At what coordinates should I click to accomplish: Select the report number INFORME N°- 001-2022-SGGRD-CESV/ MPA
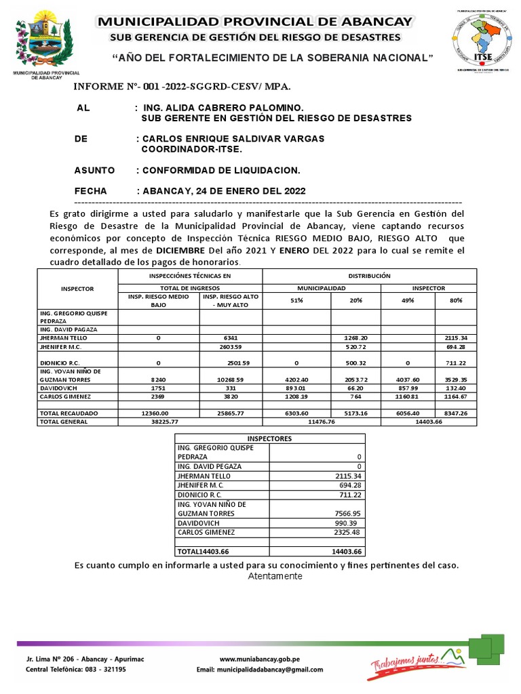[x=182, y=87]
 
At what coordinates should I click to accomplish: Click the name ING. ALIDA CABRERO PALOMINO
[x=223, y=108]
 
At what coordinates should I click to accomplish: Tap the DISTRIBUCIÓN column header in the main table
[x=369, y=277]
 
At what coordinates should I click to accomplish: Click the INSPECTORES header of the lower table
[x=269, y=438]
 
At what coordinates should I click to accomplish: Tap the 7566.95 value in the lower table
[x=346, y=514]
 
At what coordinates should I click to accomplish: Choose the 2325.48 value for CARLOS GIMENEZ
[x=346, y=533]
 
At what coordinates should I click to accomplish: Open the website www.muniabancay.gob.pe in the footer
[x=260, y=659]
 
